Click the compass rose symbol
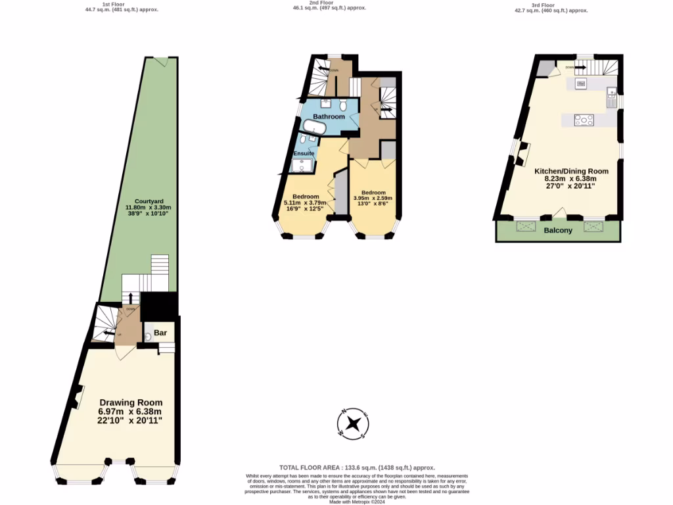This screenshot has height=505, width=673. [x=353, y=423]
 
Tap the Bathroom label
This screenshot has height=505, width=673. [x=329, y=116]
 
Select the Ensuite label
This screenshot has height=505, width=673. [x=303, y=153]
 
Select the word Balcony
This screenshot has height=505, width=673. [x=558, y=230]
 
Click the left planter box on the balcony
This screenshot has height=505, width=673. [x=526, y=227]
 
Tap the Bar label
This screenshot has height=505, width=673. [x=160, y=333]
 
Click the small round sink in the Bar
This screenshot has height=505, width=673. [x=149, y=336]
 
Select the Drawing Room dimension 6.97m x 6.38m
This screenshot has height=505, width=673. [x=131, y=412]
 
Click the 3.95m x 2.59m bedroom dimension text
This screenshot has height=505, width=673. [x=373, y=198]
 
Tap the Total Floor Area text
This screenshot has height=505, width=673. [x=357, y=468]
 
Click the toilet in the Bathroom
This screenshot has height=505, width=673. [x=344, y=105]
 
